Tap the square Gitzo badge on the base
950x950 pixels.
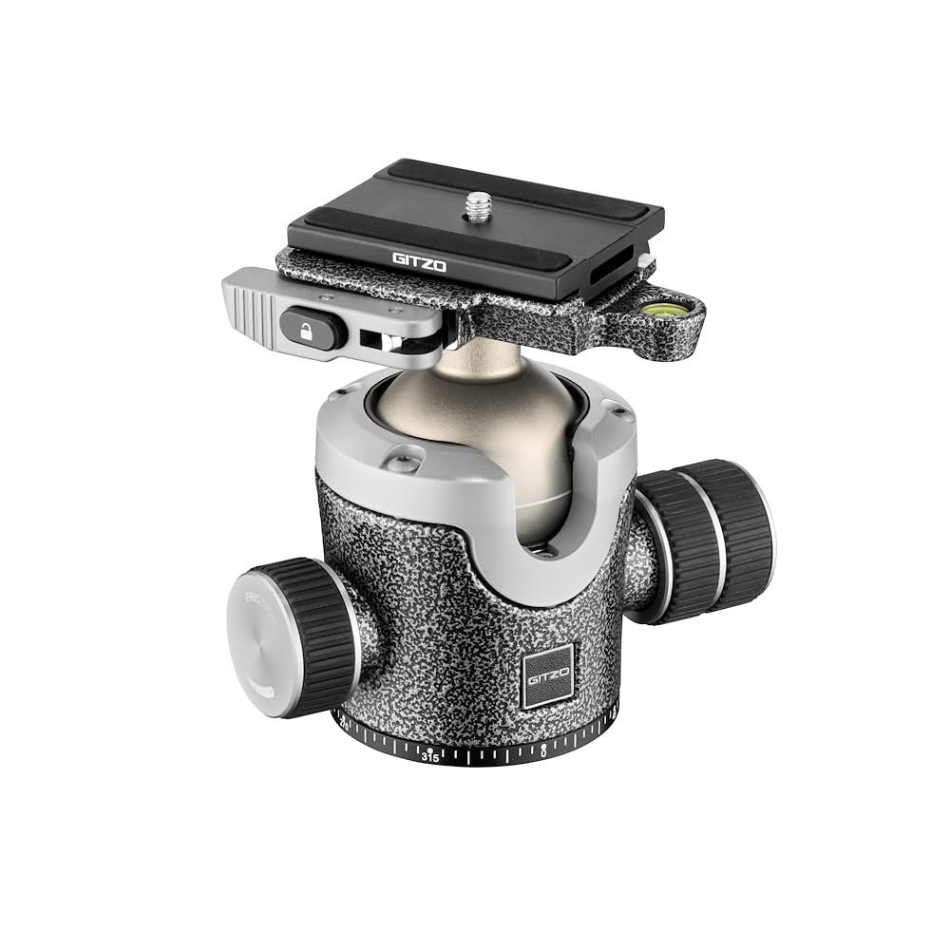tap(547, 677)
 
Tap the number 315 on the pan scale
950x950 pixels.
tap(430, 757)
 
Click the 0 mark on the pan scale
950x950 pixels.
tap(543, 750)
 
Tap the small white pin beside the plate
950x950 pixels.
tap(645, 259)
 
